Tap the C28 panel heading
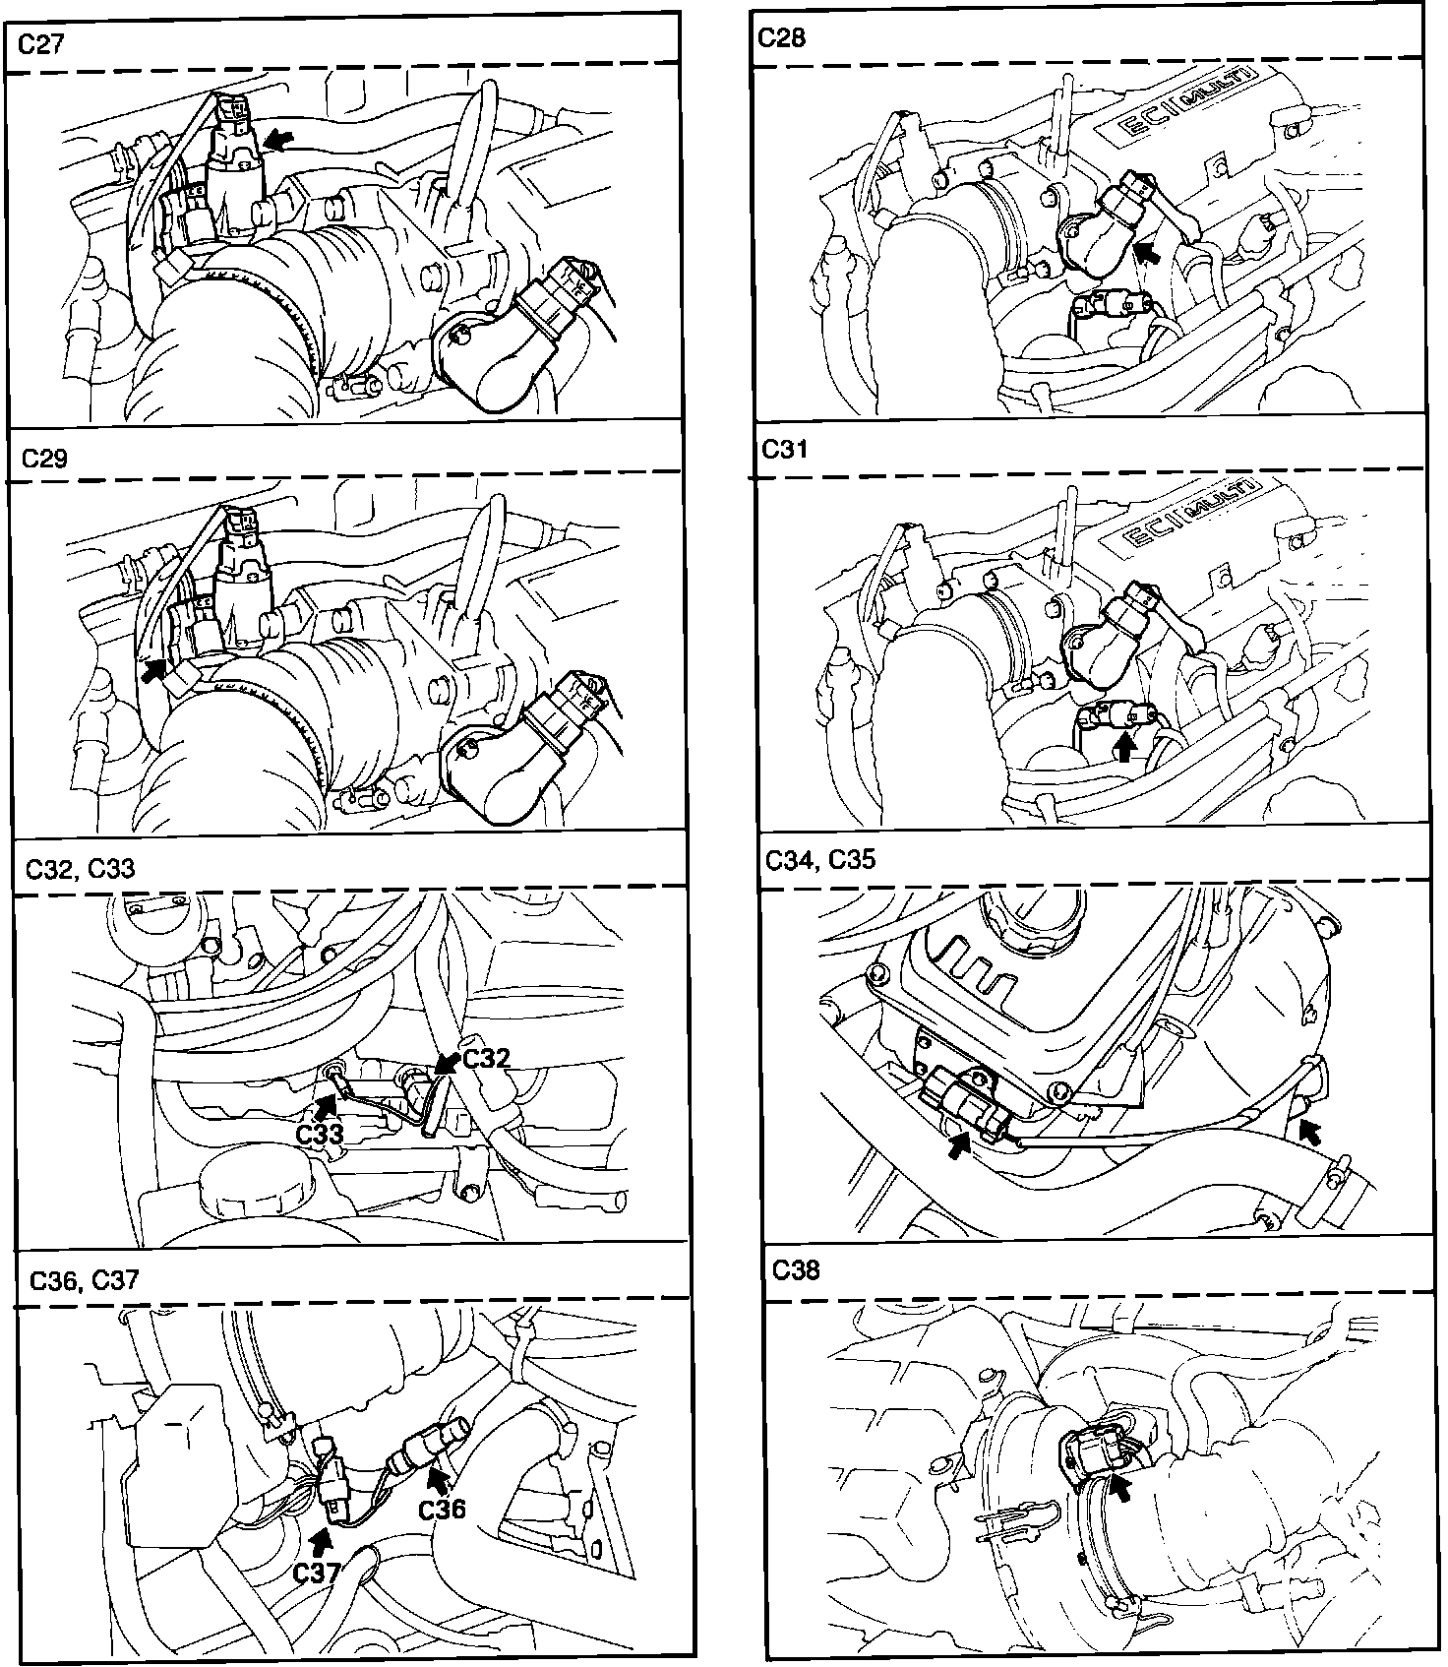(783, 37)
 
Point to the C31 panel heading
(785, 449)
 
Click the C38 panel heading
(796, 1269)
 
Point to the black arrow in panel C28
(1146, 253)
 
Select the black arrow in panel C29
(152, 670)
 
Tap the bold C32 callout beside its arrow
(486, 1058)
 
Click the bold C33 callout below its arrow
(321, 1133)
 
